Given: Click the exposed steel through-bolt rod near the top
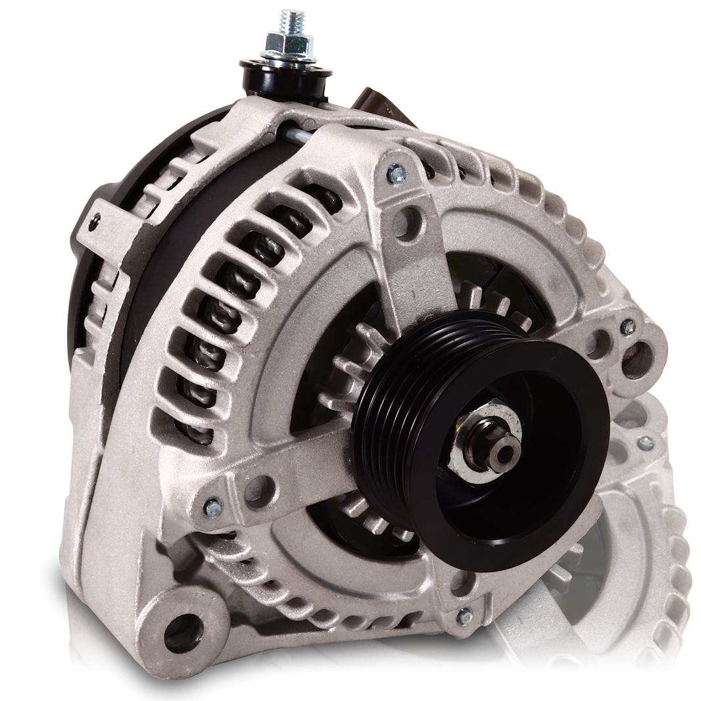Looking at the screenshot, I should point(290,135).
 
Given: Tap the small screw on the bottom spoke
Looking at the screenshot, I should point(464,617).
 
